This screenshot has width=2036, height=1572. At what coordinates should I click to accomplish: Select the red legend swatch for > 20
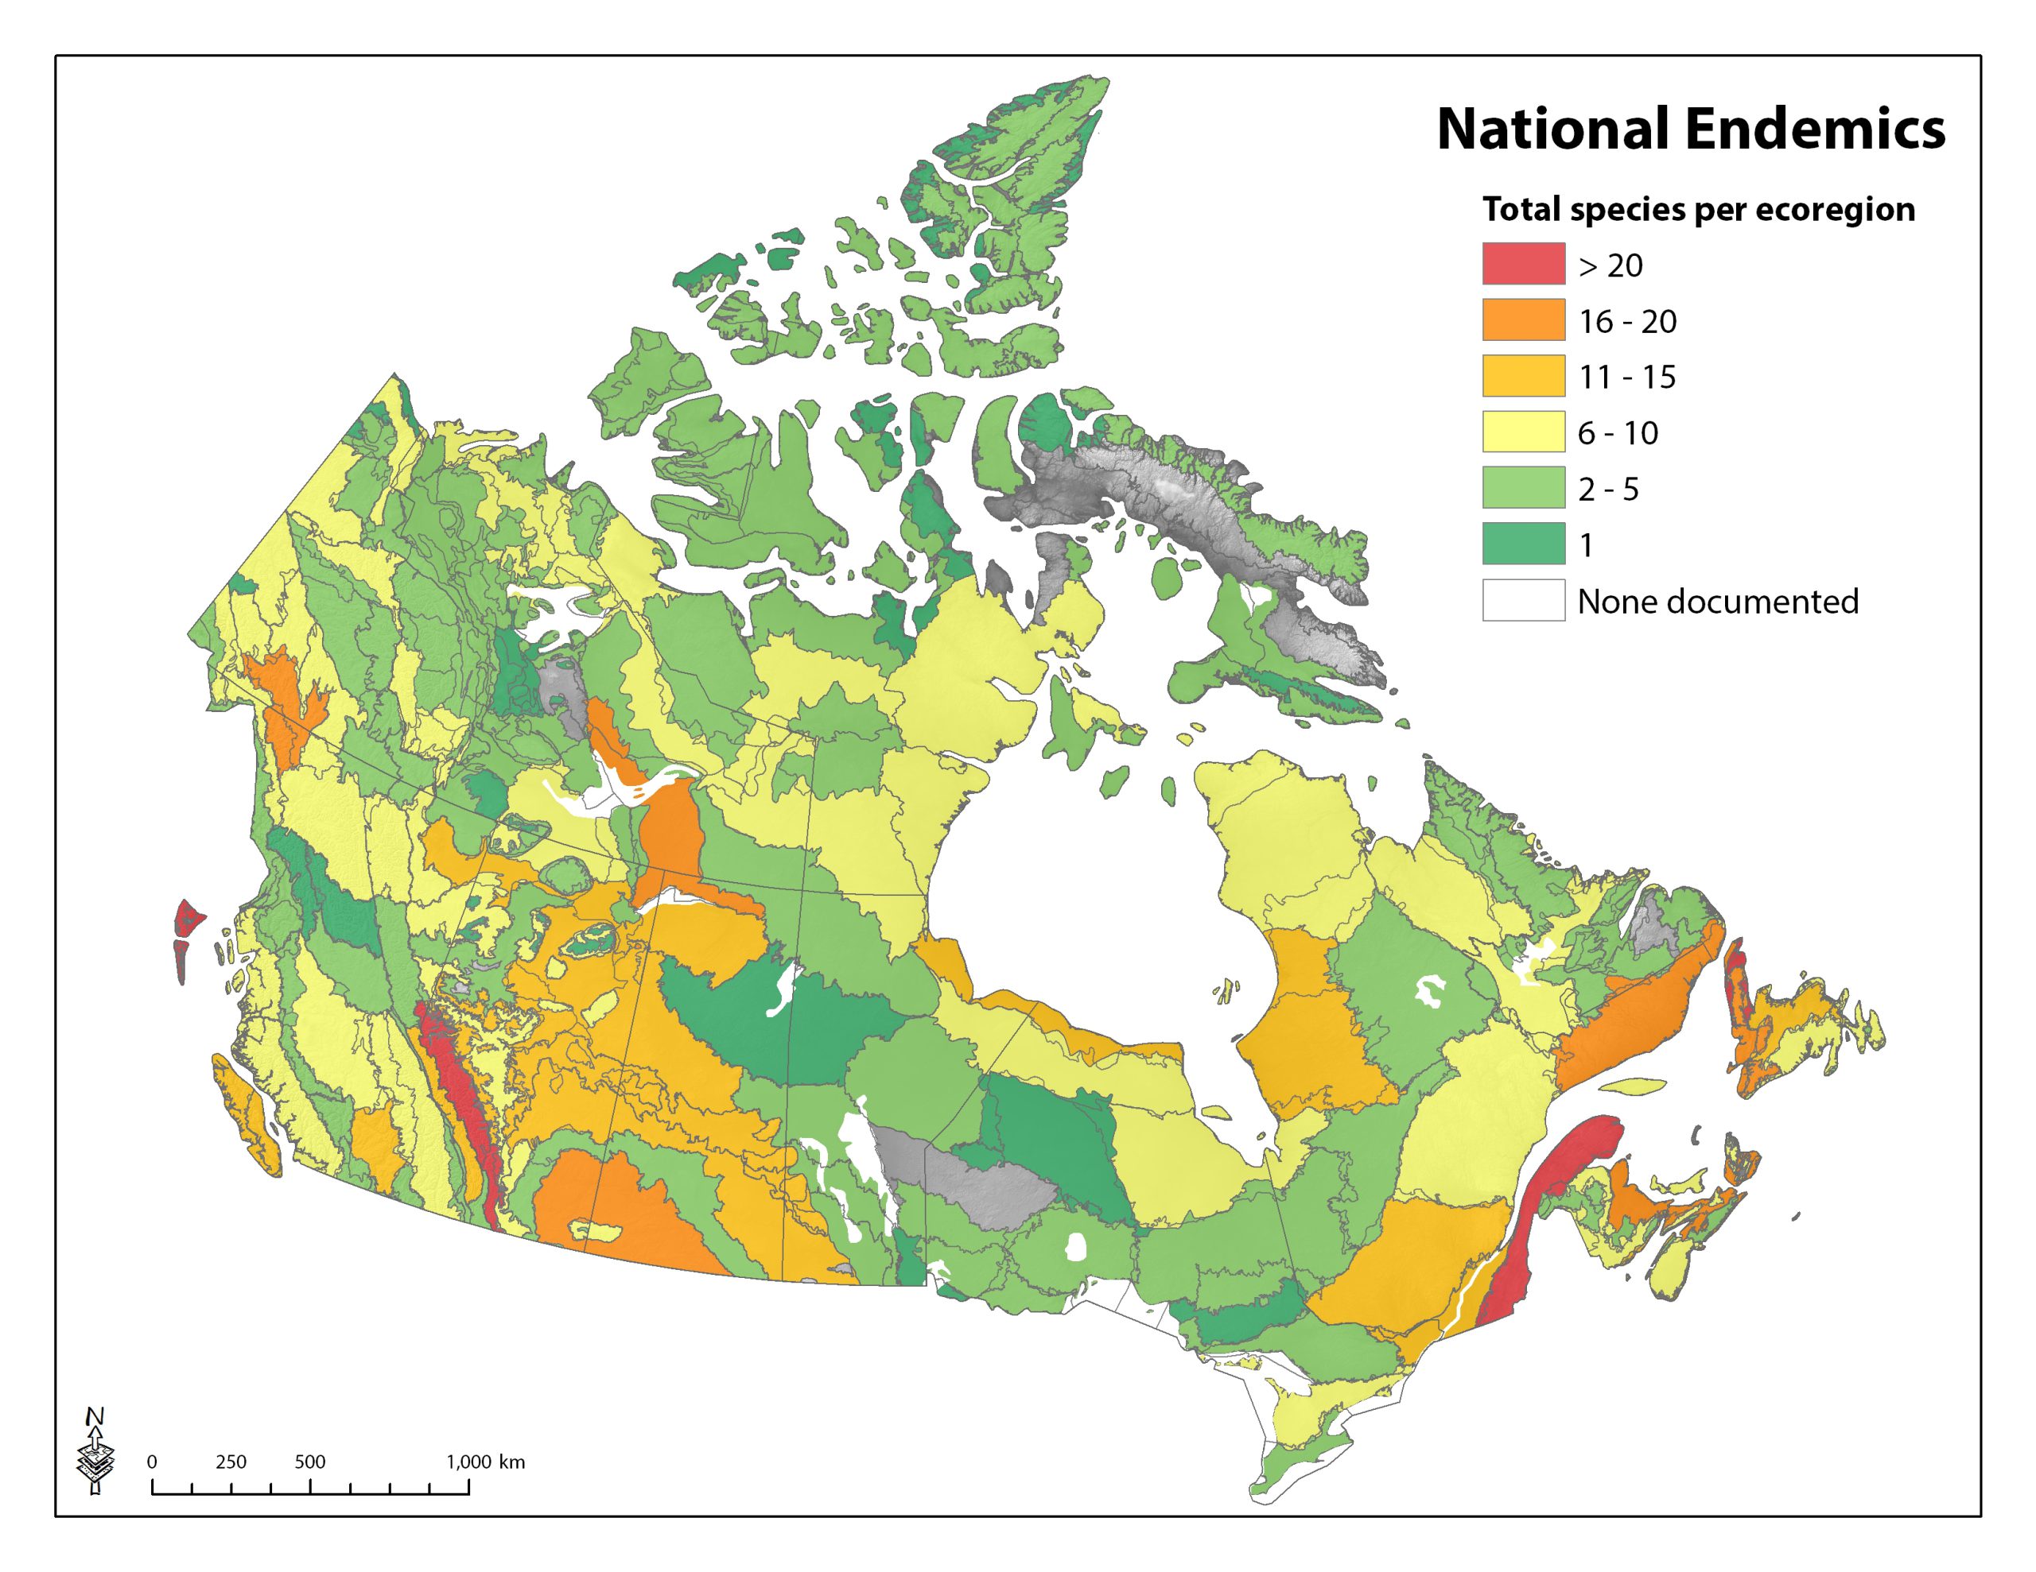coord(1523,264)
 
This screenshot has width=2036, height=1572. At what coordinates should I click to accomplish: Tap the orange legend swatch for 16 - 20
coord(1523,319)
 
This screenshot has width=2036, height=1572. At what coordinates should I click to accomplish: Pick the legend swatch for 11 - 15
coord(1523,376)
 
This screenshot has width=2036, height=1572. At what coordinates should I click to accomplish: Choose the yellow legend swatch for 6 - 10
coord(1523,432)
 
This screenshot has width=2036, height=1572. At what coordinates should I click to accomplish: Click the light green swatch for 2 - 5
coord(1523,487)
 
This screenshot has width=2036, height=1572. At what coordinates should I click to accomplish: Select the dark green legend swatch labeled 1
coord(1523,544)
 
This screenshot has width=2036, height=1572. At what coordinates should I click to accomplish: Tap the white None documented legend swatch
coord(1523,600)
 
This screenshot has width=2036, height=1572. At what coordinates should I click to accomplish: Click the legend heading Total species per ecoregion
coord(1699,209)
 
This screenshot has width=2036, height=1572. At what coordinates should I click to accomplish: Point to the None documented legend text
coord(1717,601)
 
